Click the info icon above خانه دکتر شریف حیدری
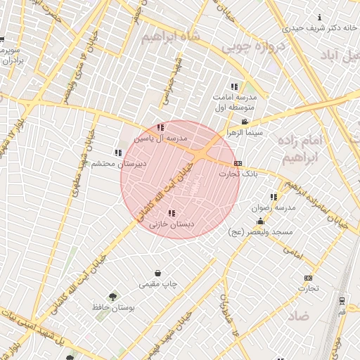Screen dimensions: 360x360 tap(320, 17)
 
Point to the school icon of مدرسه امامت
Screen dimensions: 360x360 tap(234, 86)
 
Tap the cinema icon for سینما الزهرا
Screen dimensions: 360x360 tap(244, 122)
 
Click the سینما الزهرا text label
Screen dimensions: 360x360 tap(244, 132)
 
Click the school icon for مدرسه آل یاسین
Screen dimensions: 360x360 tap(161, 127)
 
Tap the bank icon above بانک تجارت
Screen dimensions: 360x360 tap(238, 163)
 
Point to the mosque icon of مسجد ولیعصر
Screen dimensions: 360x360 tap(260, 221)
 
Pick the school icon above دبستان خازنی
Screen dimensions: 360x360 tap(172, 213)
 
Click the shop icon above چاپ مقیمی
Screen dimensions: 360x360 tap(158, 274)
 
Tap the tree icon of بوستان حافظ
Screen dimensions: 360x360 tap(112, 296)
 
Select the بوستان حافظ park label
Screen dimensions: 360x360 tap(112, 307)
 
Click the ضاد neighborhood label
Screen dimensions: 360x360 tap(297, 316)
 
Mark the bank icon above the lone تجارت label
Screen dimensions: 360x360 tap(307, 278)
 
